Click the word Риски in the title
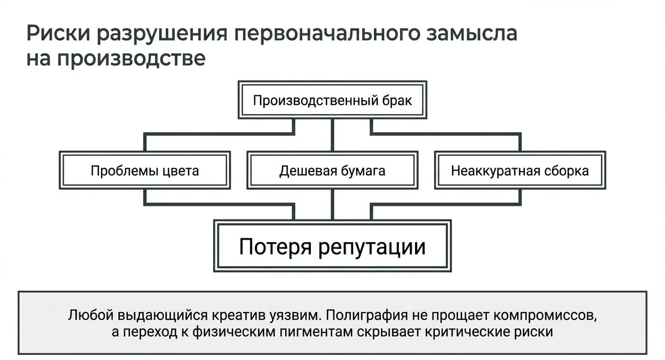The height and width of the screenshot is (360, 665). click(58, 33)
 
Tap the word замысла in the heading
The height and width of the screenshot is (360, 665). click(472, 34)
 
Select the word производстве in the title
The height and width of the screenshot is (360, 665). click(131, 59)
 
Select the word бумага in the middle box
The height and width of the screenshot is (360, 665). click(363, 171)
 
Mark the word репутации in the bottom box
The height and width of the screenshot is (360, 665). click(372, 247)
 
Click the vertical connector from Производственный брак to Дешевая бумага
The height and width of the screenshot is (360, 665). click(332, 135)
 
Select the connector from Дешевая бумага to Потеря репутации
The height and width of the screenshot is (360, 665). click(332, 204)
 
